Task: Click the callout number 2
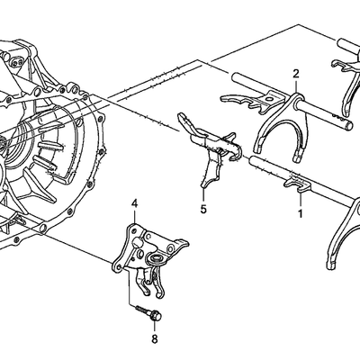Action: [x=296, y=74]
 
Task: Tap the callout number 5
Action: [x=203, y=209]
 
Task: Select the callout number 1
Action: [x=300, y=213]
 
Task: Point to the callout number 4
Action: [x=134, y=204]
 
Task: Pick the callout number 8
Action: [x=155, y=339]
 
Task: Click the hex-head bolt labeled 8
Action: [x=150, y=313]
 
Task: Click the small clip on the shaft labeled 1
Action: [x=298, y=184]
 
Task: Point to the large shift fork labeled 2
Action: [x=281, y=120]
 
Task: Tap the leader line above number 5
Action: [x=203, y=195]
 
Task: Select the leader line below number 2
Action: [x=296, y=86]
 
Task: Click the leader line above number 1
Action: [x=300, y=200]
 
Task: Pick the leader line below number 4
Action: [x=134, y=216]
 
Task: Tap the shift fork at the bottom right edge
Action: [x=345, y=234]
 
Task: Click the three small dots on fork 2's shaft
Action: [x=336, y=115]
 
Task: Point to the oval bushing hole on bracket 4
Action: [x=157, y=257]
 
